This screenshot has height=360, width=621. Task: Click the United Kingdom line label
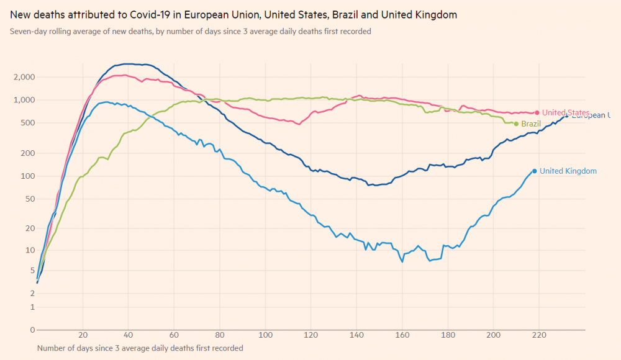[x=568, y=171]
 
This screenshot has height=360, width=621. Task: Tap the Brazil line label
[x=531, y=124]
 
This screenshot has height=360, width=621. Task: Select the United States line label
[x=566, y=112]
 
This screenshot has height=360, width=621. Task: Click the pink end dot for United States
[x=537, y=112]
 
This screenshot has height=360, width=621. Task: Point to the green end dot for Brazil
[x=516, y=124]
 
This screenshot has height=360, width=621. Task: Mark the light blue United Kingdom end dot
[x=534, y=171]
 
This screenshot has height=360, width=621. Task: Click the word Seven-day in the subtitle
[x=27, y=31]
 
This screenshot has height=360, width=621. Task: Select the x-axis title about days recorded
[x=140, y=348]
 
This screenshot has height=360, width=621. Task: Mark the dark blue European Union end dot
[x=566, y=115]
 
